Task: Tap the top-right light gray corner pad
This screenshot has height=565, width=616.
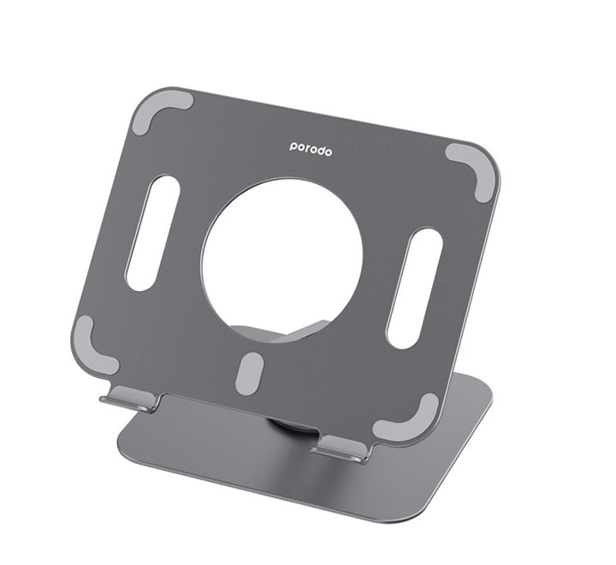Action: coord(472,169)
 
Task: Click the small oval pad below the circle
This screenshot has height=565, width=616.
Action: coord(248,373)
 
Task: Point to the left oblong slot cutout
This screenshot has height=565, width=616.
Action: coord(152,233)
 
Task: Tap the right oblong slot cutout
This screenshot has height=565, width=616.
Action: coord(414,288)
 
